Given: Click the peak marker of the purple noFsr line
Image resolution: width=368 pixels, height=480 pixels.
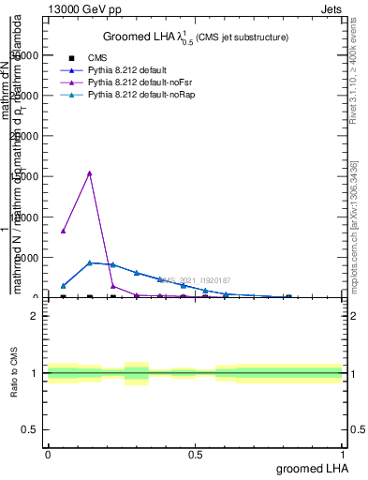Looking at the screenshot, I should (x=89, y=172).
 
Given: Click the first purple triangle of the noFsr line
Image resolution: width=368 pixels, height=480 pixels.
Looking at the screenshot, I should (x=63, y=230).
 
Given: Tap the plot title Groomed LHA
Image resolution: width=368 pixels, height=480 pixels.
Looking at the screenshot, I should (x=195, y=37).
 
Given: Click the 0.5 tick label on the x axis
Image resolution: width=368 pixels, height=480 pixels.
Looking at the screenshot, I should (x=195, y=455).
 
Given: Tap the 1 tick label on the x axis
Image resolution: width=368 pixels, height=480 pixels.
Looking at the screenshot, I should (x=343, y=455).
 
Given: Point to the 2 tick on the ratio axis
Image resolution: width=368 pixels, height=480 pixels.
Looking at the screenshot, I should (x=35, y=316).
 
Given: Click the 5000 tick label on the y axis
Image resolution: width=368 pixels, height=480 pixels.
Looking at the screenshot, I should (x=29, y=257).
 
